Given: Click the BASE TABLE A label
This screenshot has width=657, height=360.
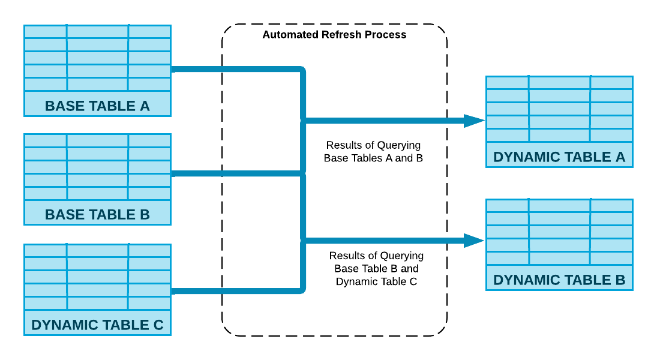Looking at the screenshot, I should point(97,106).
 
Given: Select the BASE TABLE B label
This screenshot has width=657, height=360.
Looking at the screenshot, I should point(97,215).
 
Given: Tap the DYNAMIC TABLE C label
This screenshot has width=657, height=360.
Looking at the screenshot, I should point(97,325).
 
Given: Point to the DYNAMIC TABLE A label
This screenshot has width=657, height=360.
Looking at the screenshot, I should point(559,157).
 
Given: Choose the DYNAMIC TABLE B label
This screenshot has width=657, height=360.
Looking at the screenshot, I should point(559,280).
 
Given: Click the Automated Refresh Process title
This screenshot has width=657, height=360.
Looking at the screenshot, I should point(334,35).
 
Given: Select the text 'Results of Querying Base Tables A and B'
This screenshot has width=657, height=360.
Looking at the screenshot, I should point(373,152).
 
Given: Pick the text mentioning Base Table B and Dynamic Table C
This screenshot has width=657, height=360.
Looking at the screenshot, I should point(376,269).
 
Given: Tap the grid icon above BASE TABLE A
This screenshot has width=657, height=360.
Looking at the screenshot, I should point(97,58).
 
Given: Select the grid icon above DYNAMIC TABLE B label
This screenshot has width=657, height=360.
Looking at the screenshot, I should point(559,232).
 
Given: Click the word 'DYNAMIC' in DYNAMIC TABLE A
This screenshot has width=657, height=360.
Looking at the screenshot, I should point(523,157).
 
